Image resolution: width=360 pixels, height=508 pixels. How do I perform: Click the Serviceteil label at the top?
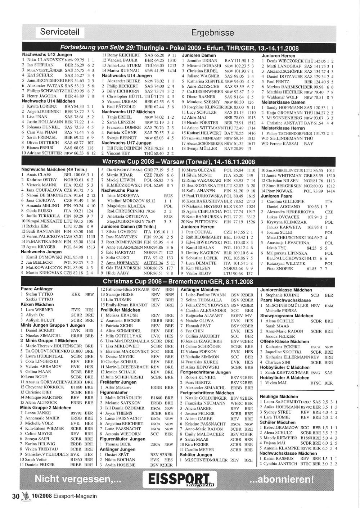(x=60, y=32)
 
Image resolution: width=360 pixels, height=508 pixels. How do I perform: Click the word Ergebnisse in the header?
(x=212, y=33)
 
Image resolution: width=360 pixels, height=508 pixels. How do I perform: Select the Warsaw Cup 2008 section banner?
(x=179, y=162)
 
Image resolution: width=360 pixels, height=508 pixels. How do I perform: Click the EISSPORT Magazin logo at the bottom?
(x=182, y=480)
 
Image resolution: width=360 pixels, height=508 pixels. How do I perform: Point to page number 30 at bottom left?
(x=15, y=496)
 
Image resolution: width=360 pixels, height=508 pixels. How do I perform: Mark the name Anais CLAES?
(x=39, y=174)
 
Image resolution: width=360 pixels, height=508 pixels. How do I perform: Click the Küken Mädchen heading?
(x=37, y=304)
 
